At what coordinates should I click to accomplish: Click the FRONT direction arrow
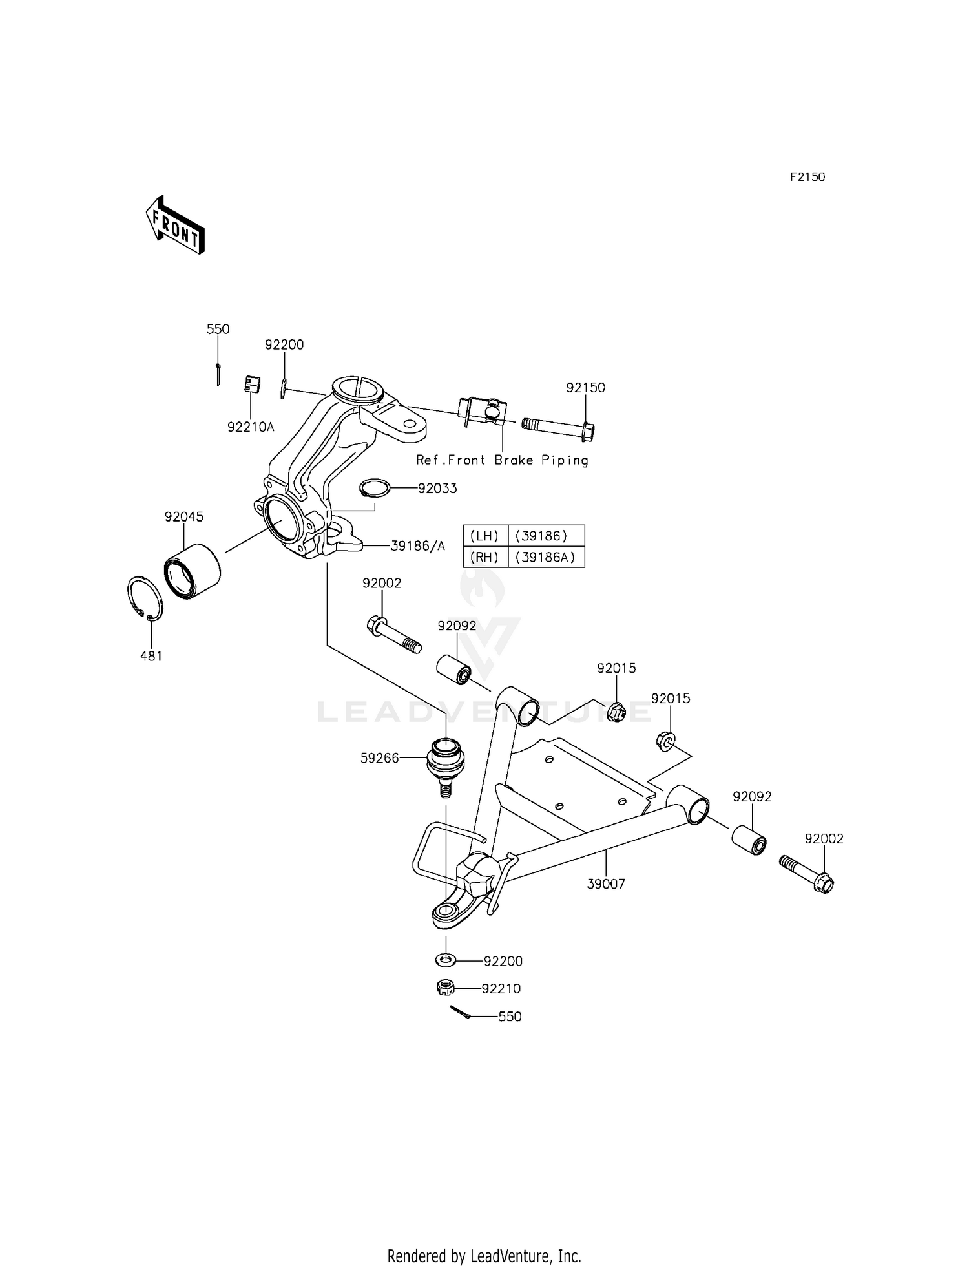(175, 224)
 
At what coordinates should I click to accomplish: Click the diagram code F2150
(807, 177)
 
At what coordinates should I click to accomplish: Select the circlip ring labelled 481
(143, 598)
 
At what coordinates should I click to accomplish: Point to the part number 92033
(437, 489)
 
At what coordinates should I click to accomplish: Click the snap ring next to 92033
(375, 488)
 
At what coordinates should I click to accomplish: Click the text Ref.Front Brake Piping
(503, 460)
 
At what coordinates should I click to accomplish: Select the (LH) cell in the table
(485, 536)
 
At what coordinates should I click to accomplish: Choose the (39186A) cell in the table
(546, 557)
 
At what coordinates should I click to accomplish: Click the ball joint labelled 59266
(444, 766)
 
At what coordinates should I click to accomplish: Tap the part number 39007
(606, 884)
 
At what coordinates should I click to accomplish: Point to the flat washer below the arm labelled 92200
(445, 960)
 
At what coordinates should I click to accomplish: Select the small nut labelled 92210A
(251, 384)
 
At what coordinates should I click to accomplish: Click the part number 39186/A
(418, 546)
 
